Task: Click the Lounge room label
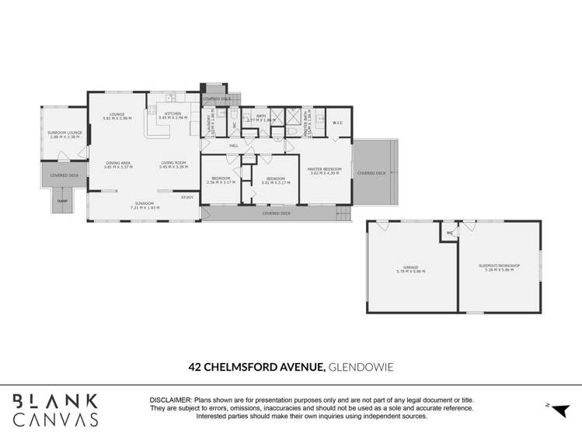click(117, 114)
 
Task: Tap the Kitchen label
click(173, 114)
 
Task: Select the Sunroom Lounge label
click(64, 133)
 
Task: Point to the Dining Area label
click(117, 163)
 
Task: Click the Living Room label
click(173, 163)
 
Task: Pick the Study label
click(187, 197)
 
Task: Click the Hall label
click(233, 145)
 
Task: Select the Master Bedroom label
click(325, 169)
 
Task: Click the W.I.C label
click(338, 123)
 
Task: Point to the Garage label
click(410, 268)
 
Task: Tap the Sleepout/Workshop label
click(499, 266)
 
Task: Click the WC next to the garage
click(449, 233)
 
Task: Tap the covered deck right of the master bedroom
click(371, 173)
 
